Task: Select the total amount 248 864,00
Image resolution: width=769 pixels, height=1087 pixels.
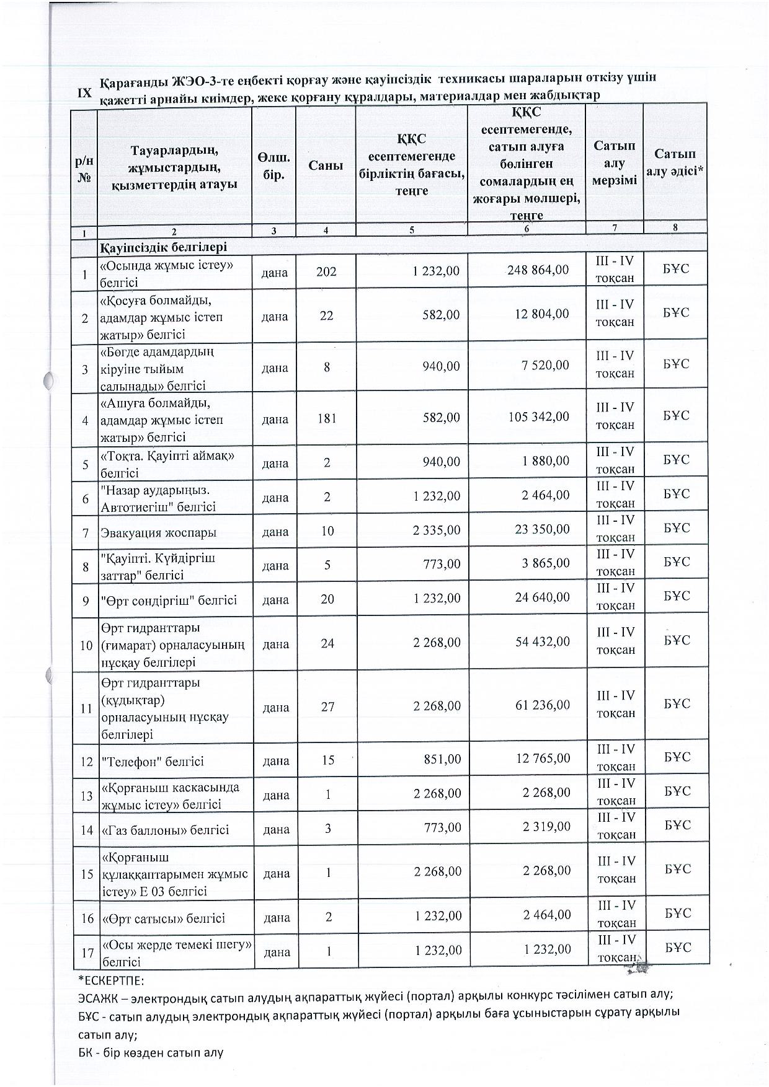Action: coord(538,270)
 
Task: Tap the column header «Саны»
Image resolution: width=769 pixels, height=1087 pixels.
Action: coord(326,165)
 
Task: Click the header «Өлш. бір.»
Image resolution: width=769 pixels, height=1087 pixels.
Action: coord(274,166)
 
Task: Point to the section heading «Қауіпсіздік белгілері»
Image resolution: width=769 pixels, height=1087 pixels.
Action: coord(164,247)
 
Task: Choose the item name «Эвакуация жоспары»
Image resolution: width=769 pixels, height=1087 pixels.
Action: coord(159,532)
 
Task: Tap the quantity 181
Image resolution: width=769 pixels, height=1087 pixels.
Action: coord(326,418)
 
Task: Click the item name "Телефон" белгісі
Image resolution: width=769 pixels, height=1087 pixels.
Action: coord(153,761)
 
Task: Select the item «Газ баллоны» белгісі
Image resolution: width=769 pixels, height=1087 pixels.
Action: coord(165,830)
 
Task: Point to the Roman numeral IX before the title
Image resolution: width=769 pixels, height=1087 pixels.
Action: coord(84,93)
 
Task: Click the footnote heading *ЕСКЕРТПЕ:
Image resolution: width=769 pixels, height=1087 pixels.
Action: coord(112,983)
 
